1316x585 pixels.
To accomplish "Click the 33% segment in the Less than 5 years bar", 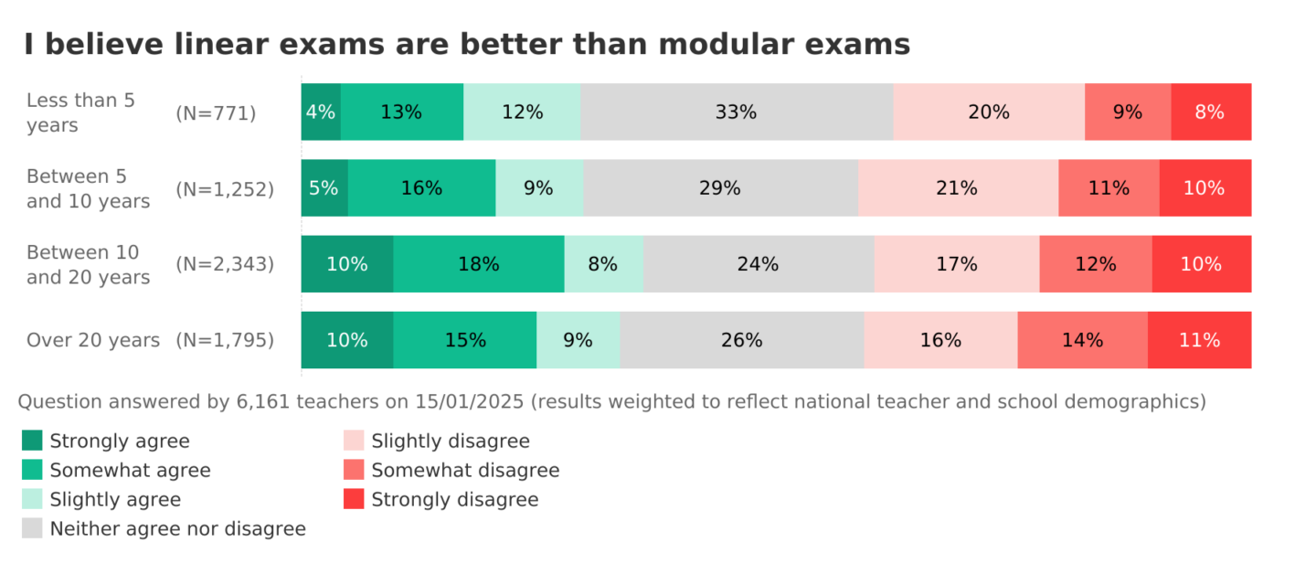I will pos(737,112).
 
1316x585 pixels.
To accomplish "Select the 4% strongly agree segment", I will pos(321,112).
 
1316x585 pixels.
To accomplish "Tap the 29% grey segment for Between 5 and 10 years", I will pos(720,188).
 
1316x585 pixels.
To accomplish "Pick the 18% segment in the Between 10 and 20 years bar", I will pos(479,264).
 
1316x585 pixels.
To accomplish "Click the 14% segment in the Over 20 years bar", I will pos(1082,340).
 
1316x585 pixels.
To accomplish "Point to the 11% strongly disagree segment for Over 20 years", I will pos(1199,340).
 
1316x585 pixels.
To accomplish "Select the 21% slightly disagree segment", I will pos(958,188).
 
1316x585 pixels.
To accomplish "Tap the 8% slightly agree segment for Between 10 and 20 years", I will pos(603,264).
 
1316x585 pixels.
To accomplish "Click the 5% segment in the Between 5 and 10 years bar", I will pos(324,188).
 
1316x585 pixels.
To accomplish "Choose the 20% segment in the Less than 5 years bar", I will pos(989,112).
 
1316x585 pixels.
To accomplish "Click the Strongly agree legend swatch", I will pos(32,441).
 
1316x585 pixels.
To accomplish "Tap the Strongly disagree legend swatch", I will pos(354,499).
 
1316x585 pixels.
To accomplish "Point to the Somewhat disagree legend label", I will pos(465,470).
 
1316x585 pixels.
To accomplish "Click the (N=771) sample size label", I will pos(216,113).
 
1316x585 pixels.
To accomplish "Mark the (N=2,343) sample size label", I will pos(225,264).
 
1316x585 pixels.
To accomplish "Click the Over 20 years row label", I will pos(93,340).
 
